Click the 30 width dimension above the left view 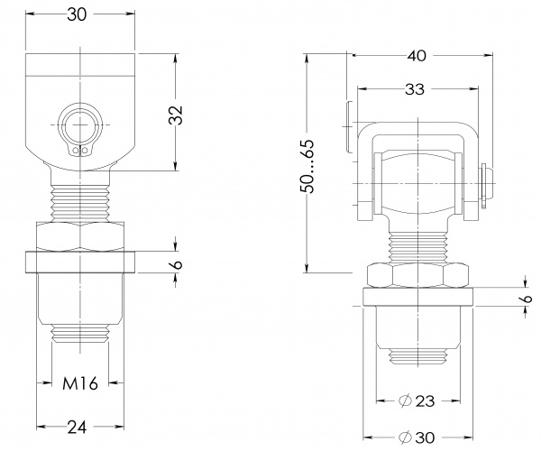coord(80,15)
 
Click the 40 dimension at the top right coord(417,56)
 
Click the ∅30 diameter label coord(417,436)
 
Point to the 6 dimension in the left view coord(177,264)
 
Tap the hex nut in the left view coord(81,235)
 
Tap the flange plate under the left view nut coord(80,262)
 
